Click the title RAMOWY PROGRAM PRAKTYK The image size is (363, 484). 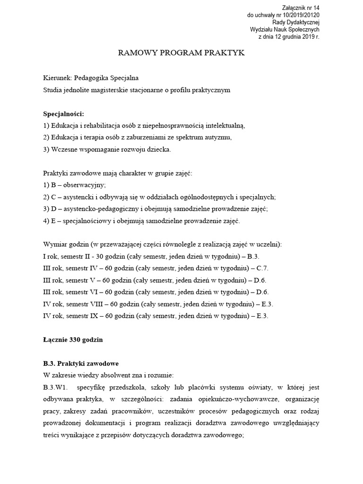[x=181, y=53]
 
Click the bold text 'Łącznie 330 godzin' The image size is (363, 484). [x=73, y=339]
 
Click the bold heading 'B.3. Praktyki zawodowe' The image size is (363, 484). [x=81, y=363]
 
